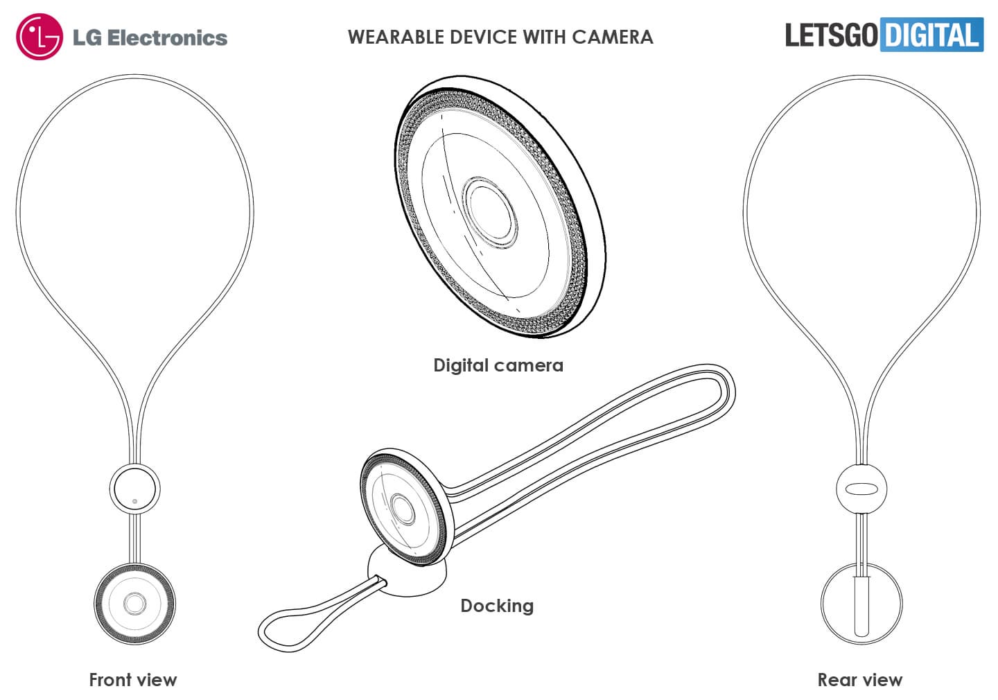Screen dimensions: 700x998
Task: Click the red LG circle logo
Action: (x=40, y=37)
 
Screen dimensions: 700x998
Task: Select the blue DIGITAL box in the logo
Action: (x=931, y=35)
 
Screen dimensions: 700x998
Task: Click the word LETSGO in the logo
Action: (x=831, y=35)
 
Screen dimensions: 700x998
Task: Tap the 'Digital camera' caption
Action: (x=498, y=365)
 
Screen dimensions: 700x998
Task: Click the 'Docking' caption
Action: (x=497, y=606)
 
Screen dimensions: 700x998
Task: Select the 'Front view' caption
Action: (x=132, y=680)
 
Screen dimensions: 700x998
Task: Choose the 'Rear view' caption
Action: (x=859, y=680)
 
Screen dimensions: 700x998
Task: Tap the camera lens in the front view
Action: (x=134, y=604)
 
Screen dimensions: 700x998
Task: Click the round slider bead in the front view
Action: (x=134, y=489)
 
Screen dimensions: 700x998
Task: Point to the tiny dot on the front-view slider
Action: (x=135, y=500)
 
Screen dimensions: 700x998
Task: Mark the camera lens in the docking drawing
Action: (x=401, y=508)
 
